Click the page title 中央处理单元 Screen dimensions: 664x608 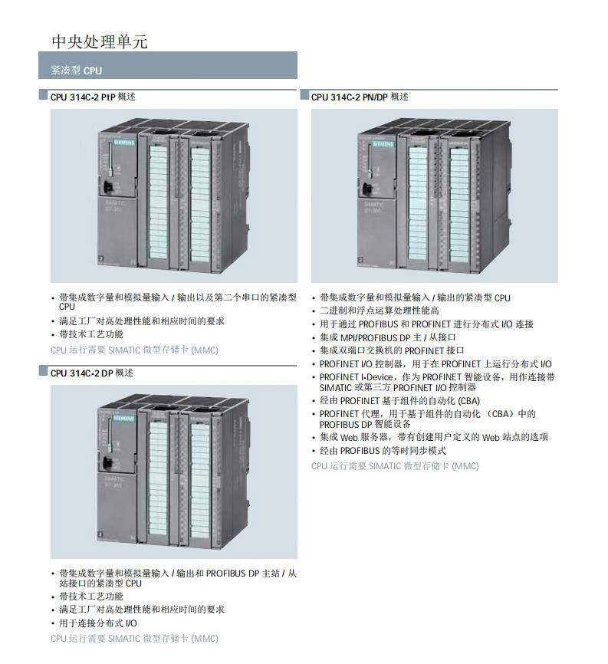click(x=99, y=41)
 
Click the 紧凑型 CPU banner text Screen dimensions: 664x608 click(x=76, y=70)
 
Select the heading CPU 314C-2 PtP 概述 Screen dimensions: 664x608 click(x=93, y=97)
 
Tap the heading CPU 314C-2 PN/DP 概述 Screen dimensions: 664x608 click(x=360, y=97)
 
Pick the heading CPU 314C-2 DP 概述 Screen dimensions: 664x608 click(x=92, y=373)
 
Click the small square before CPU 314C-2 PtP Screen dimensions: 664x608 click(x=44, y=97)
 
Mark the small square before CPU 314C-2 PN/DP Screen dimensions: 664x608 click(x=304, y=97)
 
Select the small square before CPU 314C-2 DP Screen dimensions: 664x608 click(x=44, y=373)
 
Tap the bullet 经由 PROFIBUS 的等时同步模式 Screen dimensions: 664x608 click(x=383, y=450)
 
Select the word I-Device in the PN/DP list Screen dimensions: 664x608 click(x=376, y=377)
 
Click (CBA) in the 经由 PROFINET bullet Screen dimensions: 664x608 click(x=468, y=400)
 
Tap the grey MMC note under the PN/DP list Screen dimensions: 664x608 click(x=395, y=465)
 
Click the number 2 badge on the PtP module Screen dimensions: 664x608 click(x=100, y=261)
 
